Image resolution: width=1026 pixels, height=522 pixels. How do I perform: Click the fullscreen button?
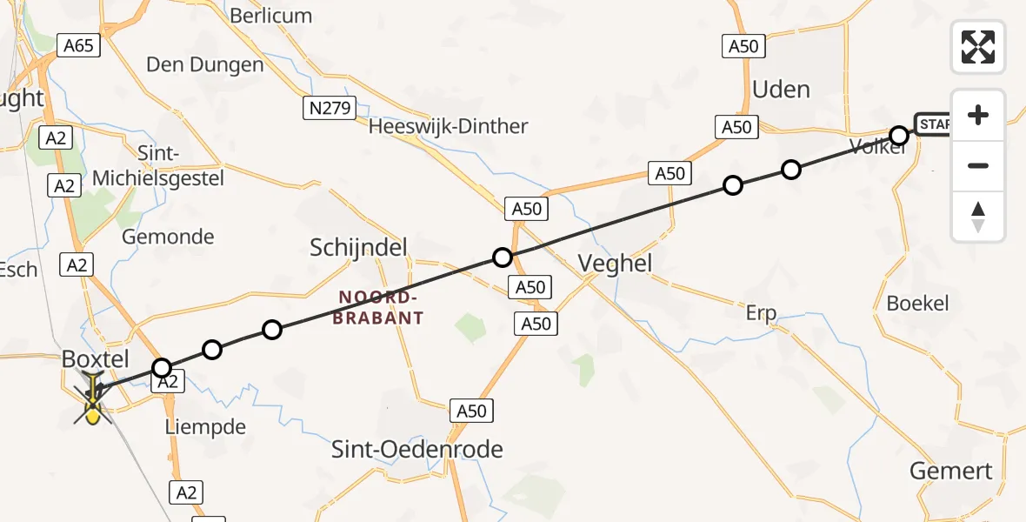[x=978, y=47]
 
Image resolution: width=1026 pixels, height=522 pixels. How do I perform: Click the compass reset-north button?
[x=978, y=217]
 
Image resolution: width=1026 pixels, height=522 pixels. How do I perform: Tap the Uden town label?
[x=780, y=90]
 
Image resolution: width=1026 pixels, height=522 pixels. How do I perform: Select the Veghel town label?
[x=615, y=264]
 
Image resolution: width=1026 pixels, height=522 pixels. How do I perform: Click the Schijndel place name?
[x=358, y=249]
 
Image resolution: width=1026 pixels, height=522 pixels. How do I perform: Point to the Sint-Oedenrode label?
[x=417, y=449]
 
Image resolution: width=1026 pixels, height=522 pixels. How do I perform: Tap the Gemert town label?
[x=950, y=472]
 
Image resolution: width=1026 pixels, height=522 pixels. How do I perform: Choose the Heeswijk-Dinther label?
[x=448, y=127]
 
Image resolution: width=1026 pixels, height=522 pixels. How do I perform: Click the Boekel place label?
[x=917, y=304]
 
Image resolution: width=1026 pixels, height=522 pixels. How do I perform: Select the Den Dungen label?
[x=204, y=65]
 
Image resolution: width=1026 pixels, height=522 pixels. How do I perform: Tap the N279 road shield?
[x=330, y=108]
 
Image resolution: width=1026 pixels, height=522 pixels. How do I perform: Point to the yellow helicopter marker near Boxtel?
[x=92, y=402]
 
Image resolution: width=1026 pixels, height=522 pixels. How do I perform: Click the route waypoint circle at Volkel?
[x=899, y=136]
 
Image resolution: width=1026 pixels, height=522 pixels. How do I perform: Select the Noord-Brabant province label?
[x=381, y=308]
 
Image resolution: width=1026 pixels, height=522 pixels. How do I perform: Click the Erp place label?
[x=760, y=313]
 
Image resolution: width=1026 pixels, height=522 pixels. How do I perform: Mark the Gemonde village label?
[x=168, y=237]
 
